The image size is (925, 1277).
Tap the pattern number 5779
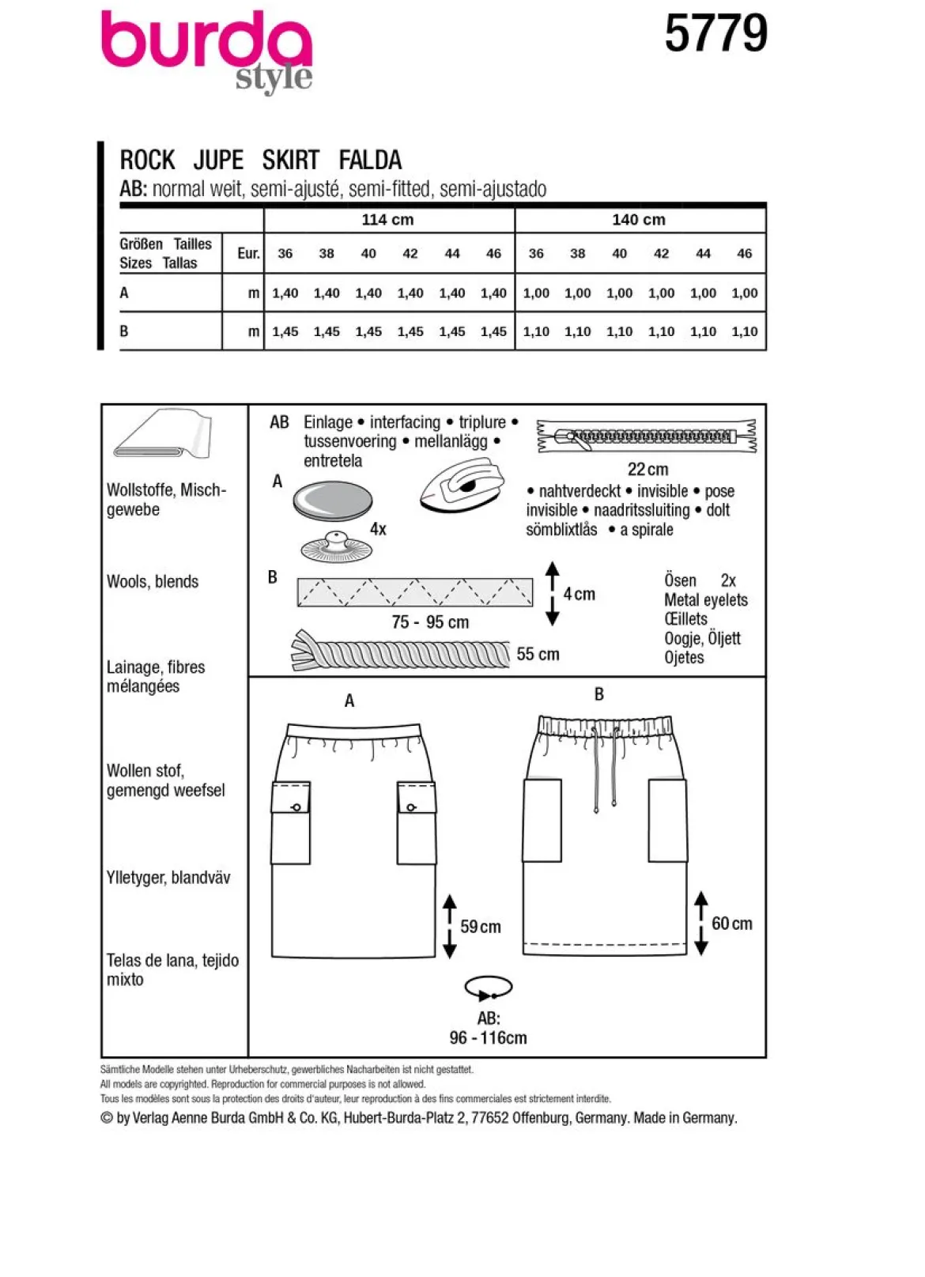pos(715,34)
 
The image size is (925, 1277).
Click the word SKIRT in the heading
pos(291,161)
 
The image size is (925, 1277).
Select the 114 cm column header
pos(388,220)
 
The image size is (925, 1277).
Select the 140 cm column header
pos(639,220)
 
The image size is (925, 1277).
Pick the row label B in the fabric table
pos(123,331)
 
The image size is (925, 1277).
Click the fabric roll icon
pos(162,434)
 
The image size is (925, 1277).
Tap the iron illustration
pos(462,485)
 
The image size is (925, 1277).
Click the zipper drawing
pos(647,436)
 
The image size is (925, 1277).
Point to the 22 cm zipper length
pos(647,470)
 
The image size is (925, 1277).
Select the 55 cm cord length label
pos(538,655)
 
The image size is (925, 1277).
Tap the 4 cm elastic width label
pos(579,594)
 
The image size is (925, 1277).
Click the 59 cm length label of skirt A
pos(481,927)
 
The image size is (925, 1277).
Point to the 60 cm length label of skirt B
pos(732,924)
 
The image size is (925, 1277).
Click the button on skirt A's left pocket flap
pos(296,807)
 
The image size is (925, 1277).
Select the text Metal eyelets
pos(705,599)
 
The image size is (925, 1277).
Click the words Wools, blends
pos(152,581)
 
